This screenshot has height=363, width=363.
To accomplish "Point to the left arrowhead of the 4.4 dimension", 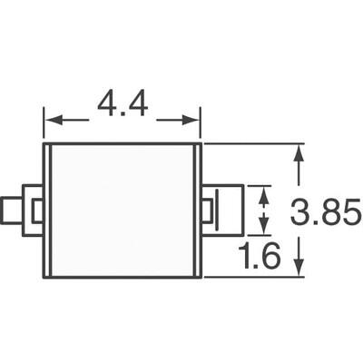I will click(51, 119).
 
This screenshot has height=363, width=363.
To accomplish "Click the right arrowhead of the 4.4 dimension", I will click(193, 119).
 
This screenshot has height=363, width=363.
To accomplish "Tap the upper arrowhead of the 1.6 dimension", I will click(264, 192).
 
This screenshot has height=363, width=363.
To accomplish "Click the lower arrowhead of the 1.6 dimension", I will click(264, 228).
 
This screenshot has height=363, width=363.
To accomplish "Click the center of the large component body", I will click(122, 211).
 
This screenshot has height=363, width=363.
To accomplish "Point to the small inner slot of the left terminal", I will click(36, 211).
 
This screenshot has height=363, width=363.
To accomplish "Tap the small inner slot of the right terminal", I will click(208, 211).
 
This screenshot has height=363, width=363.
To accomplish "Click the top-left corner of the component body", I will click(44, 143).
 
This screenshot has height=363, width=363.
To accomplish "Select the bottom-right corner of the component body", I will click(201, 279).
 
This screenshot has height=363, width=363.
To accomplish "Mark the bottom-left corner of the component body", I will click(44, 279).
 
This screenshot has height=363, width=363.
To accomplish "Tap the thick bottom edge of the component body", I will click(122, 279).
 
